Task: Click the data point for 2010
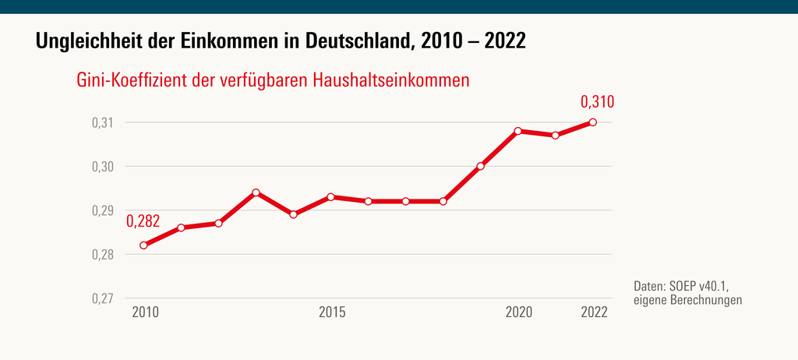(144, 245)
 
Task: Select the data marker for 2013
(256, 192)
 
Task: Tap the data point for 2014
(294, 214)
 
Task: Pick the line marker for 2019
(481, 166)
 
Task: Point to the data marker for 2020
(518, 131)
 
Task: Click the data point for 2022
(593, 122)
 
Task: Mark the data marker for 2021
(556, 135)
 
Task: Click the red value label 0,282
(143, 222)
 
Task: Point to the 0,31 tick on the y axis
(101, 122)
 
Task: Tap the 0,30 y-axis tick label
(101, 167)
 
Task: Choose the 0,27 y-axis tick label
(101, 298)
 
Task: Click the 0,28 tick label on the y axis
(101, 255)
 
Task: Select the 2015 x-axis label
(332, 313)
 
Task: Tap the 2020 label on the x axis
(519, 313)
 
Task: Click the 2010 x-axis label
(145, 313)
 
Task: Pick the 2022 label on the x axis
(594, 313)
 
